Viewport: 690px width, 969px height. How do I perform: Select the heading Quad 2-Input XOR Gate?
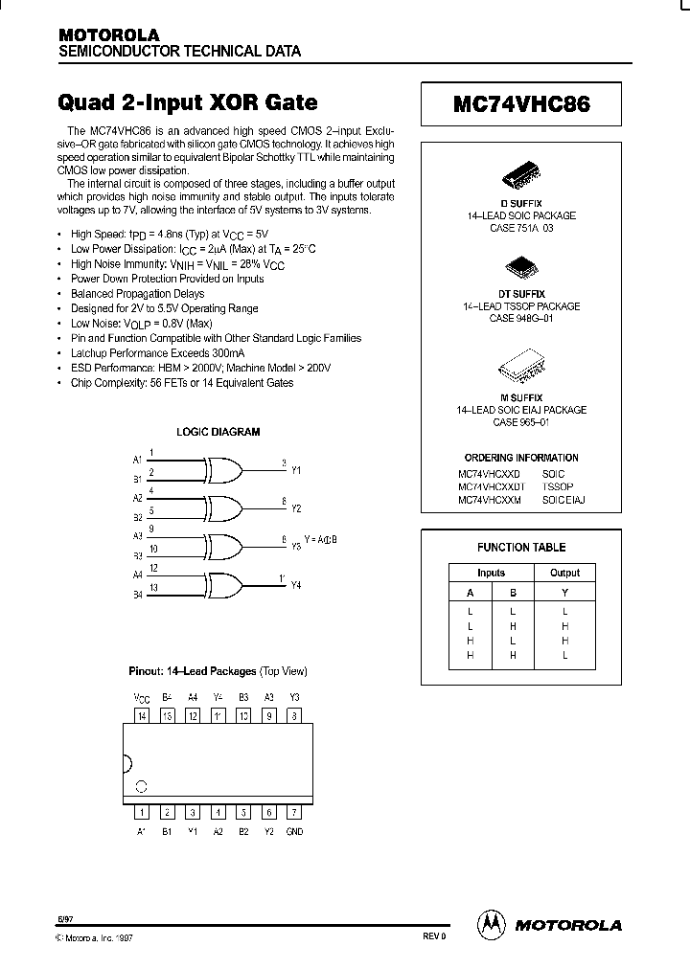pyautogui.click(x=188, y=101)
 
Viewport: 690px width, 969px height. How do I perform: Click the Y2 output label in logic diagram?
pyautogui.click(x=296, y=508)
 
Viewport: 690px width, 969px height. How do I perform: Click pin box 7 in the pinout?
pyautogui.click(x=294, y=812)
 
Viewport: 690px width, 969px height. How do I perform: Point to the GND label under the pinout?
pyautogui.click(x=294, y=831)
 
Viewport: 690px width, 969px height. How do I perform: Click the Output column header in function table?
pyautogui.click(x=564, y=573)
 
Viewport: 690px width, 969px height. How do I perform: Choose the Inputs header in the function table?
pyautogui.click(x=491, y=573)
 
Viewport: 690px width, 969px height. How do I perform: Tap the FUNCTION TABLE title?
pyautogui.click(x=521, y=548)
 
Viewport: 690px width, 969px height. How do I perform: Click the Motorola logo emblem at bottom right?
pyautogui.click(x=492, y=924)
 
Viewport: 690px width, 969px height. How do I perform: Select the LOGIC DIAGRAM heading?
pyautogui.click(x=218, y=432)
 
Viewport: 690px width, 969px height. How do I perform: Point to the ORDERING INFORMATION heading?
pyautogui.click(x=521, y=458)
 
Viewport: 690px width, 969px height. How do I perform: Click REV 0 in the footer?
pyautogui.click(x=434, y=937)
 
